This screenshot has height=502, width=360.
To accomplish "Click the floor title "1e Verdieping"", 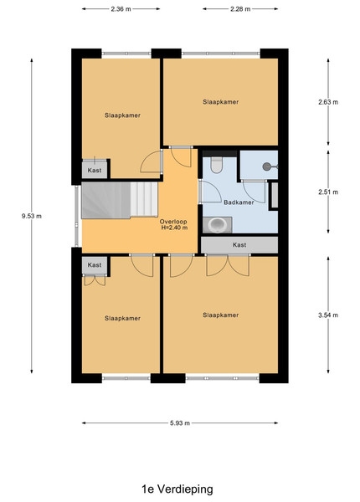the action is point(177,489).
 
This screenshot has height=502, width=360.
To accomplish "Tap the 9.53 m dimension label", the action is point(31,216).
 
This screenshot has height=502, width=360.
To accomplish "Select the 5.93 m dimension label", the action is point(180,423).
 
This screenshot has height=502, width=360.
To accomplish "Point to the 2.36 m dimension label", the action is point(121,9).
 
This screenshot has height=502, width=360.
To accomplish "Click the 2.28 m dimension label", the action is point(240,9).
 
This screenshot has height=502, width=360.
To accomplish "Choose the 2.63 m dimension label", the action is point(328,102).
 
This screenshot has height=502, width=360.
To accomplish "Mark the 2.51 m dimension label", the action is point(328,192).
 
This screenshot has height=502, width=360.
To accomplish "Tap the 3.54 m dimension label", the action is point(328,315).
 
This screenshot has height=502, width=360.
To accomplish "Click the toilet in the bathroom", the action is point(217,165).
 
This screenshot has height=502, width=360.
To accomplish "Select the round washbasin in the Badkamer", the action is point(217,225).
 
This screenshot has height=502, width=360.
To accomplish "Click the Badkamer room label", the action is point(239,202).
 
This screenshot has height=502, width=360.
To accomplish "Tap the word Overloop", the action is point(173,222).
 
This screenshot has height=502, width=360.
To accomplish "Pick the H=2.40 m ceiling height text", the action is point(174,228).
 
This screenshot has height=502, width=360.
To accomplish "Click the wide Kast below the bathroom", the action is point(239,245).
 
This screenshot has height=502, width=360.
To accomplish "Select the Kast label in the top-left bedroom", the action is point(95,171).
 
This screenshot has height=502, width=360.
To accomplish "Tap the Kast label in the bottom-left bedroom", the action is point(95,265).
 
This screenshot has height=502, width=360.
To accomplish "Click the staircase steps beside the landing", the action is point(120,200).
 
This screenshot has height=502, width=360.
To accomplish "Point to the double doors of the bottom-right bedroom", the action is point(228,265).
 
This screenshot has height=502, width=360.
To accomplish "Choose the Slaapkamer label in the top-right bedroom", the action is point(221,102).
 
